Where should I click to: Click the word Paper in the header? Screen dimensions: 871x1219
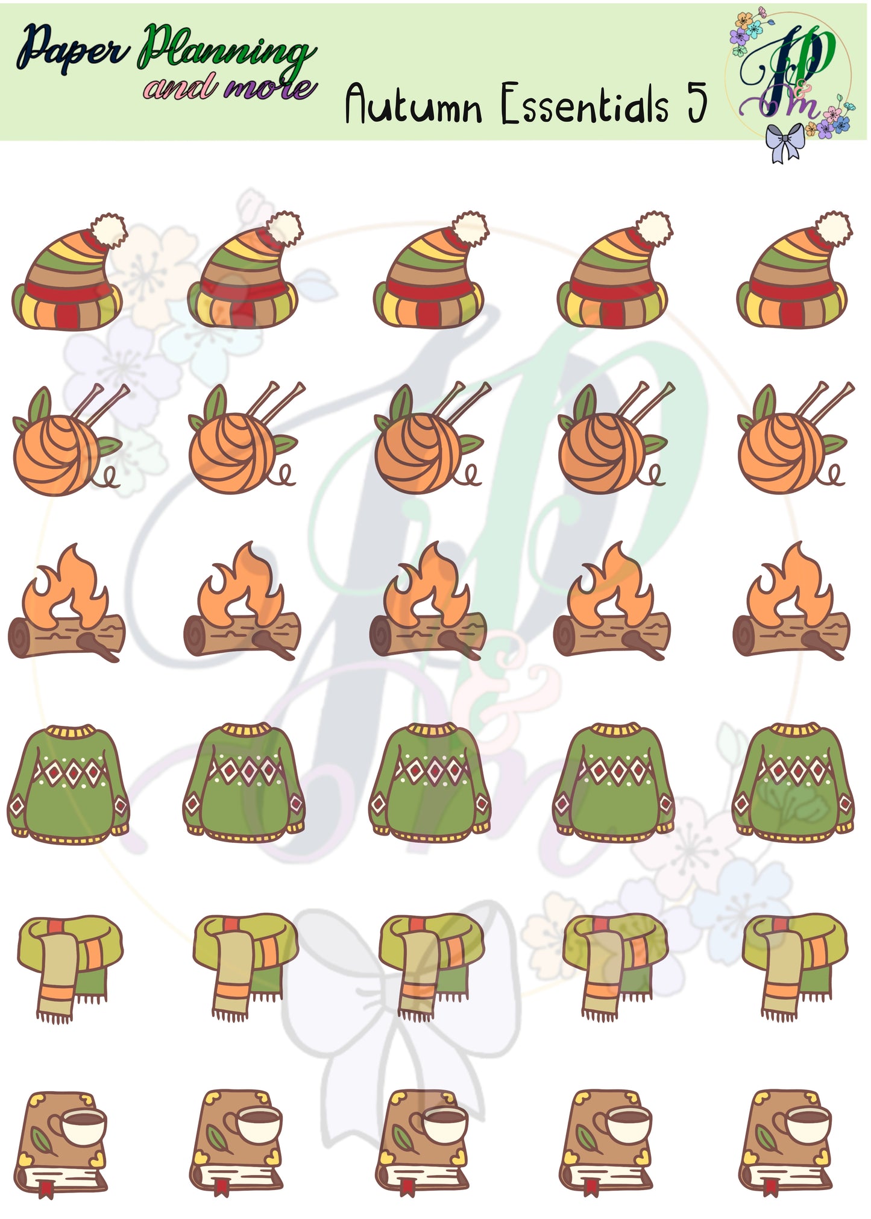[72, 49]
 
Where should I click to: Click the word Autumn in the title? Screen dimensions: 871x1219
[413, 104]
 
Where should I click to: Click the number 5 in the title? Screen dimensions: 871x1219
[697, 102]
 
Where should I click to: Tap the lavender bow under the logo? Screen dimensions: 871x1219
[784, 142]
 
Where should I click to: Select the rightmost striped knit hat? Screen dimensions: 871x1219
[793, 269]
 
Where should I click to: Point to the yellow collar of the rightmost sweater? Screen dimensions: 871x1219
[796, 730]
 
